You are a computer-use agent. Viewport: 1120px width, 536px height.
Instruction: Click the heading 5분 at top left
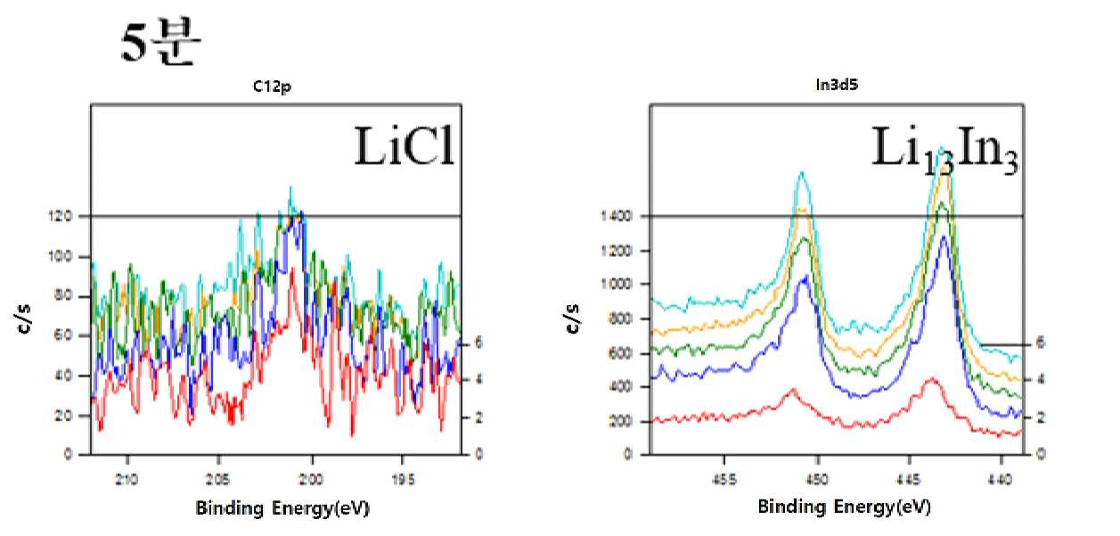click(x=160, y=41)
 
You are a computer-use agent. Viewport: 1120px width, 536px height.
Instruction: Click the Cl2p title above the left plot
click(x=272, y=87)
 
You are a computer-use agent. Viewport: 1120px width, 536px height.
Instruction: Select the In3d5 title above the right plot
click(x=837, y=85)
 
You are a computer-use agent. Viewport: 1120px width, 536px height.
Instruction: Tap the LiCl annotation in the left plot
click(x=404, y=146)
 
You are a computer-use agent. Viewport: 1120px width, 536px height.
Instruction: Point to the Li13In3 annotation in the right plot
click(x=944, y=150)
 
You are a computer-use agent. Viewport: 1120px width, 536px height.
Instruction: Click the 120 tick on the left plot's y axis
click(x=60, y=216)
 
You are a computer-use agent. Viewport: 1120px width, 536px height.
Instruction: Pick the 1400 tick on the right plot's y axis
click(x=616, y=216)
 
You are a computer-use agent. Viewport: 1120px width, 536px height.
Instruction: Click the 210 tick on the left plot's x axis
click(x=127, y=480)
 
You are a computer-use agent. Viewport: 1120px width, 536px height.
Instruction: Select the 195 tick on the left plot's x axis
click(x=403, y=480)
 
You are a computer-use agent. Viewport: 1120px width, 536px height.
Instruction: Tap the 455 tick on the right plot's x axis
click(x=724, y=480)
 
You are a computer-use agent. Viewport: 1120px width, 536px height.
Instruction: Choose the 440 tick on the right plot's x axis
click(x=1000, y=480)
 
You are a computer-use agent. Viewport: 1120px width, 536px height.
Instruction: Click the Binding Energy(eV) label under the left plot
click(x=282, y=508)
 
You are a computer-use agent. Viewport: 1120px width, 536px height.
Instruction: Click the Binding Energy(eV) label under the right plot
click(x=845, y=507)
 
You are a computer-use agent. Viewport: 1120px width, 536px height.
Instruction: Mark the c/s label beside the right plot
click(x=573, y=318)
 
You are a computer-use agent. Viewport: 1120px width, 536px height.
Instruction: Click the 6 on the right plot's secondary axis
click(x=1040, y=342)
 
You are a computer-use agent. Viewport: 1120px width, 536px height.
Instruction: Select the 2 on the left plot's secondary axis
click(x=478, y=417)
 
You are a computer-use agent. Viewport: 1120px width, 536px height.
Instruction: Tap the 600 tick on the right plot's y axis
click(x=620, y=353)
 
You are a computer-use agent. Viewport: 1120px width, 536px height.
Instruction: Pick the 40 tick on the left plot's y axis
click(x=63, y=375)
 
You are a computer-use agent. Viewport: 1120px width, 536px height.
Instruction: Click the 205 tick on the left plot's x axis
click(x=217, y=480)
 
